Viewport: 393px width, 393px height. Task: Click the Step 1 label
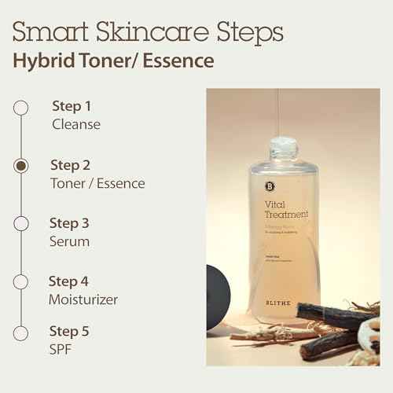72,106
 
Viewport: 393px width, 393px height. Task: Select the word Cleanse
76,124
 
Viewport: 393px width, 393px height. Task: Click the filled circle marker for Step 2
22,166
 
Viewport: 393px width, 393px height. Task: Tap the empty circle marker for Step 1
22,108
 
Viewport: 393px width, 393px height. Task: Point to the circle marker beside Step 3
22,224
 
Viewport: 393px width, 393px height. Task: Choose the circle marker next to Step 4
22,281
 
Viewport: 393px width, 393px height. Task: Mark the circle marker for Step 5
22,332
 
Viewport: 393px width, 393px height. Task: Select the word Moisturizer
84,299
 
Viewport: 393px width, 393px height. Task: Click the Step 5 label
70,331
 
